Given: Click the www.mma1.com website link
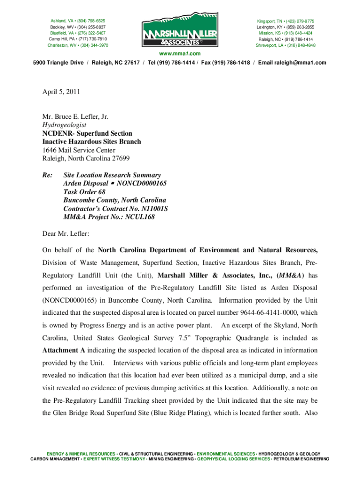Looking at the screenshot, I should pyautogui.click(x=180, y=54).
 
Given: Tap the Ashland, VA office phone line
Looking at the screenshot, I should pyautogui.click(x=78, y=21).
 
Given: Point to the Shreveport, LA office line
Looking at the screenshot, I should pyautogui.click(x=286, y=45).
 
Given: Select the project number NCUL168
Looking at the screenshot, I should pyautogui.click(x=139, y=217).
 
